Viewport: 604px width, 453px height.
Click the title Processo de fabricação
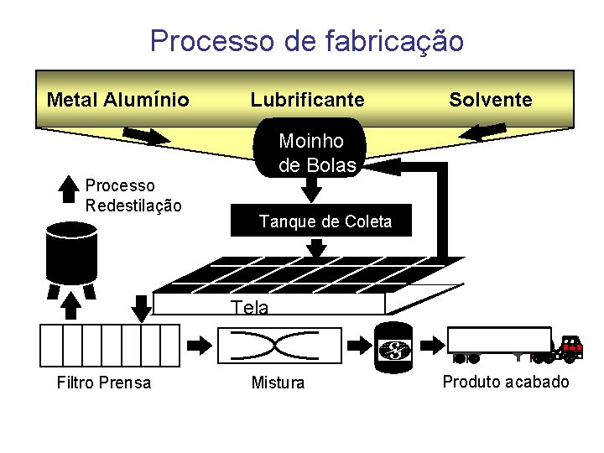click(x=306, y=40)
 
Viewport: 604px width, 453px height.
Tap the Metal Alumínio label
click(x=118, y=100)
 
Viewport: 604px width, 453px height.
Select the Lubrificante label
click(x=307, y=100)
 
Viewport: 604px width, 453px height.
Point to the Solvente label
click(x=490, y=100)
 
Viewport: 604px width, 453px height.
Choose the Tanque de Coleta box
click(x=325, y=221)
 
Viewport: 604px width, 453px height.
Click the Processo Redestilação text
click(x=133, y=195)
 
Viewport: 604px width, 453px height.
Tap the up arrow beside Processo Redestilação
click(x=69, y=187)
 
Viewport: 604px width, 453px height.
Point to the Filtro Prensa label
click(x=104, y=383)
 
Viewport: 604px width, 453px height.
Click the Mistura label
click(x=279, y=383)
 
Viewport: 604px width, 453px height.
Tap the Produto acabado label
click(x=505, y=382)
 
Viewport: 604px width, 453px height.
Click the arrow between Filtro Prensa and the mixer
click(x=200, y=345)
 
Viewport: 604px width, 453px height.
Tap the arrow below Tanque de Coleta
click(x=317, y=247)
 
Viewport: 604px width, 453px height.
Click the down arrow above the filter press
click(x=143, y=305)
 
